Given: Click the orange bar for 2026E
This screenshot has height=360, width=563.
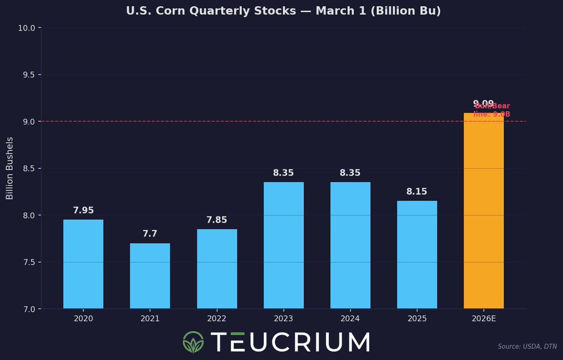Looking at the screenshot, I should click(x=484, y=211).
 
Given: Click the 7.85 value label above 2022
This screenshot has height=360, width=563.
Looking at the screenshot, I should click(x=217, y=220).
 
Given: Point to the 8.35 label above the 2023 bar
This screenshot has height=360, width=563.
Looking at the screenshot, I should click(x=283, y=173).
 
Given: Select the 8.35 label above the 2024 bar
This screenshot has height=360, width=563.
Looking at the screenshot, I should click(x=350, y=173).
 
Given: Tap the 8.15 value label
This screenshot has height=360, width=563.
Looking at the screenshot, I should click(x=417, y=192).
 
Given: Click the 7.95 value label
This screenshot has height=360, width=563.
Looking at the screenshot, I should click(x=83, y=211).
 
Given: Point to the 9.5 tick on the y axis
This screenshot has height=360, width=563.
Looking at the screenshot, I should click(x=29, y=75).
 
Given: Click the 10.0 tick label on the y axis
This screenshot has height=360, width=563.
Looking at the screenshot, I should click(x=27, y=28).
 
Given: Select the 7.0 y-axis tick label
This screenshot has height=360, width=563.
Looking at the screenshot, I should click(x=29, y=309).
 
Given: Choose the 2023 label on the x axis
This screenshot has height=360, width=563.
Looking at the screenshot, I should click(x=283, y=319).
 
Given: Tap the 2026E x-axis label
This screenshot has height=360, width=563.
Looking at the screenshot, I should click(x=484, y=319).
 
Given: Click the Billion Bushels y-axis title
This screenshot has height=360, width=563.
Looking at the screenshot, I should click(x=10, y=168).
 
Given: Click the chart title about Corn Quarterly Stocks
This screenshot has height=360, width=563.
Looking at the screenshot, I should click(x=283, y=11).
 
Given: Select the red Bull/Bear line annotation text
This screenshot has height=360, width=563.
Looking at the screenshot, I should click(x=492, y=110).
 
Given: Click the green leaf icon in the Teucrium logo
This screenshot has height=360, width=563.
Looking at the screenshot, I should click(x=193, y=342).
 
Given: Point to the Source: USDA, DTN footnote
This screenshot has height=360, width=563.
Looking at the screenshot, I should click(x=527, y=347).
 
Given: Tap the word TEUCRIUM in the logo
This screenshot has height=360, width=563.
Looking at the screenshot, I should click(x=290, y=342).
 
